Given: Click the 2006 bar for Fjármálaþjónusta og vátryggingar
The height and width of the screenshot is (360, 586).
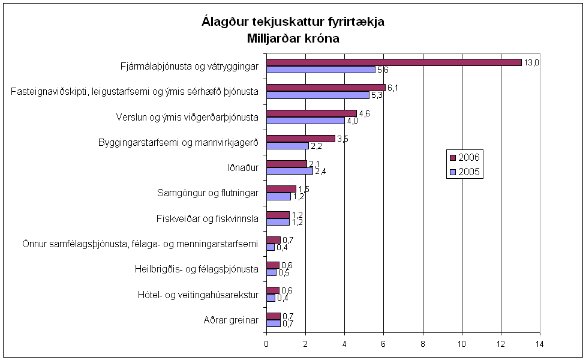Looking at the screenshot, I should [394, 62].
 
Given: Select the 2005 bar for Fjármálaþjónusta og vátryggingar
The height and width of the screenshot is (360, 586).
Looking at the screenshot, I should [321, 70].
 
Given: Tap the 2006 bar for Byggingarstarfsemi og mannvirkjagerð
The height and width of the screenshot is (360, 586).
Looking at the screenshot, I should [300, 139].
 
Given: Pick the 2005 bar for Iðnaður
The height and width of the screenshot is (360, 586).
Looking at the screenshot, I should [290, 171].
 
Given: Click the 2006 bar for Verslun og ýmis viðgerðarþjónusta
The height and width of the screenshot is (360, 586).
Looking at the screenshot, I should [311, 113].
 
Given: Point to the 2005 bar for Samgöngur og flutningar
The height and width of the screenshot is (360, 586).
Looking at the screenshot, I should [278, 196].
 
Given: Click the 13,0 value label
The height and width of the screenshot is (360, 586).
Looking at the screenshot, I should [532, 62].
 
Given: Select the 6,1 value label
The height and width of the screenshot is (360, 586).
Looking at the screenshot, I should [393, 88].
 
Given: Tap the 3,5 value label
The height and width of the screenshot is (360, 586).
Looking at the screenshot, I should [342, 139].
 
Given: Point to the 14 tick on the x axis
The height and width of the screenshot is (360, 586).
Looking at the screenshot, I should [540, 344].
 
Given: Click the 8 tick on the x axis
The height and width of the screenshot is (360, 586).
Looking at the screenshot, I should [423, 344].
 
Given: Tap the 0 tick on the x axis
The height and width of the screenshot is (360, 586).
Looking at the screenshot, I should [267, 344].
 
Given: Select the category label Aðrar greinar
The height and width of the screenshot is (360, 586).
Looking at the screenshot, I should [231, 320].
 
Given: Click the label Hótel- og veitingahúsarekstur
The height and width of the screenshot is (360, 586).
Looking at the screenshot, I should [198, 294].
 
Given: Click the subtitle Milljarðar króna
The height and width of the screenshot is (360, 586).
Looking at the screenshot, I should [293, 39].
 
